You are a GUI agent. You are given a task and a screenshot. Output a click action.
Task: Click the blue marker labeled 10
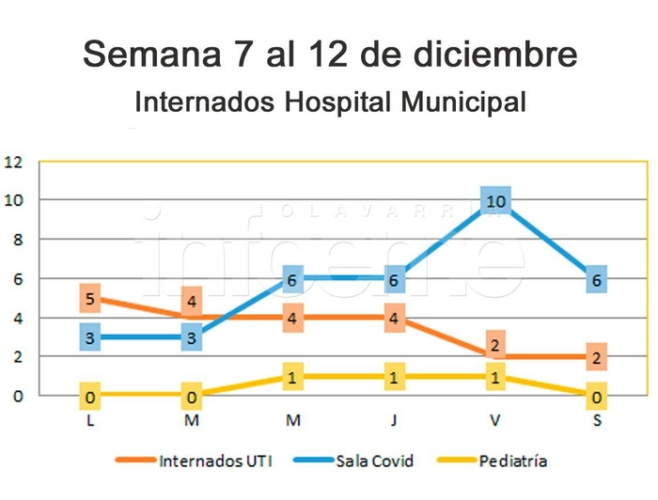[495, 200]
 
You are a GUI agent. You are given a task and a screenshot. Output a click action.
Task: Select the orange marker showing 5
[90, 299]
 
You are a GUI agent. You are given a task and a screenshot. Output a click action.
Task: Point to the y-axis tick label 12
[13, 161]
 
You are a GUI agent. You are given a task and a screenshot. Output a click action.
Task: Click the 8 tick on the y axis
[17, 239]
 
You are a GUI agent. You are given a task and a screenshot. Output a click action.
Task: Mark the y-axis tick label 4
[17, 318]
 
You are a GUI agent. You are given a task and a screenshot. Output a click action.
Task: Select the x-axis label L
[90, 420]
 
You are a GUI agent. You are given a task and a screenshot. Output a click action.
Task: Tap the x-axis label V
[495, 420]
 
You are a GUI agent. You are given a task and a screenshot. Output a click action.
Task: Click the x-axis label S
[597, 420]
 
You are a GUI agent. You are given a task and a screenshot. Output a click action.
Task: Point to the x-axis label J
[394, 420]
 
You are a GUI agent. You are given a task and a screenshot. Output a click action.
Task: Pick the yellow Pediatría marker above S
[597, 397]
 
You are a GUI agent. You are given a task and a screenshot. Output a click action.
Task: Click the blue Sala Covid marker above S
[597, 279]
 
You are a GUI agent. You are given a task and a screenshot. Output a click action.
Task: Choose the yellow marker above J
[394, 377]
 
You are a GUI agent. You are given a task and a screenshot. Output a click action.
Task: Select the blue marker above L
[90, 337]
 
